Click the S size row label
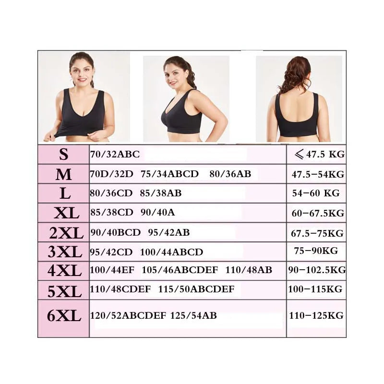(63, 155)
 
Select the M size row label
(63, 174)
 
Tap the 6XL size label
(64, 316)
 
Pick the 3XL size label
(64, 252)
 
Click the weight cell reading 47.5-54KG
(318, 174)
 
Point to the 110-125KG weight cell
(316, 315)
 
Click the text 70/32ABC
(115, 155)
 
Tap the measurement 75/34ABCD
(169, 174)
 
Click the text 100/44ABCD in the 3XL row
(171, 252)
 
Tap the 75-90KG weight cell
(316, 251)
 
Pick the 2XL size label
(66, 233)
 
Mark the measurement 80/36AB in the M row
(230, 174)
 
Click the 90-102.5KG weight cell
(317, 270)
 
